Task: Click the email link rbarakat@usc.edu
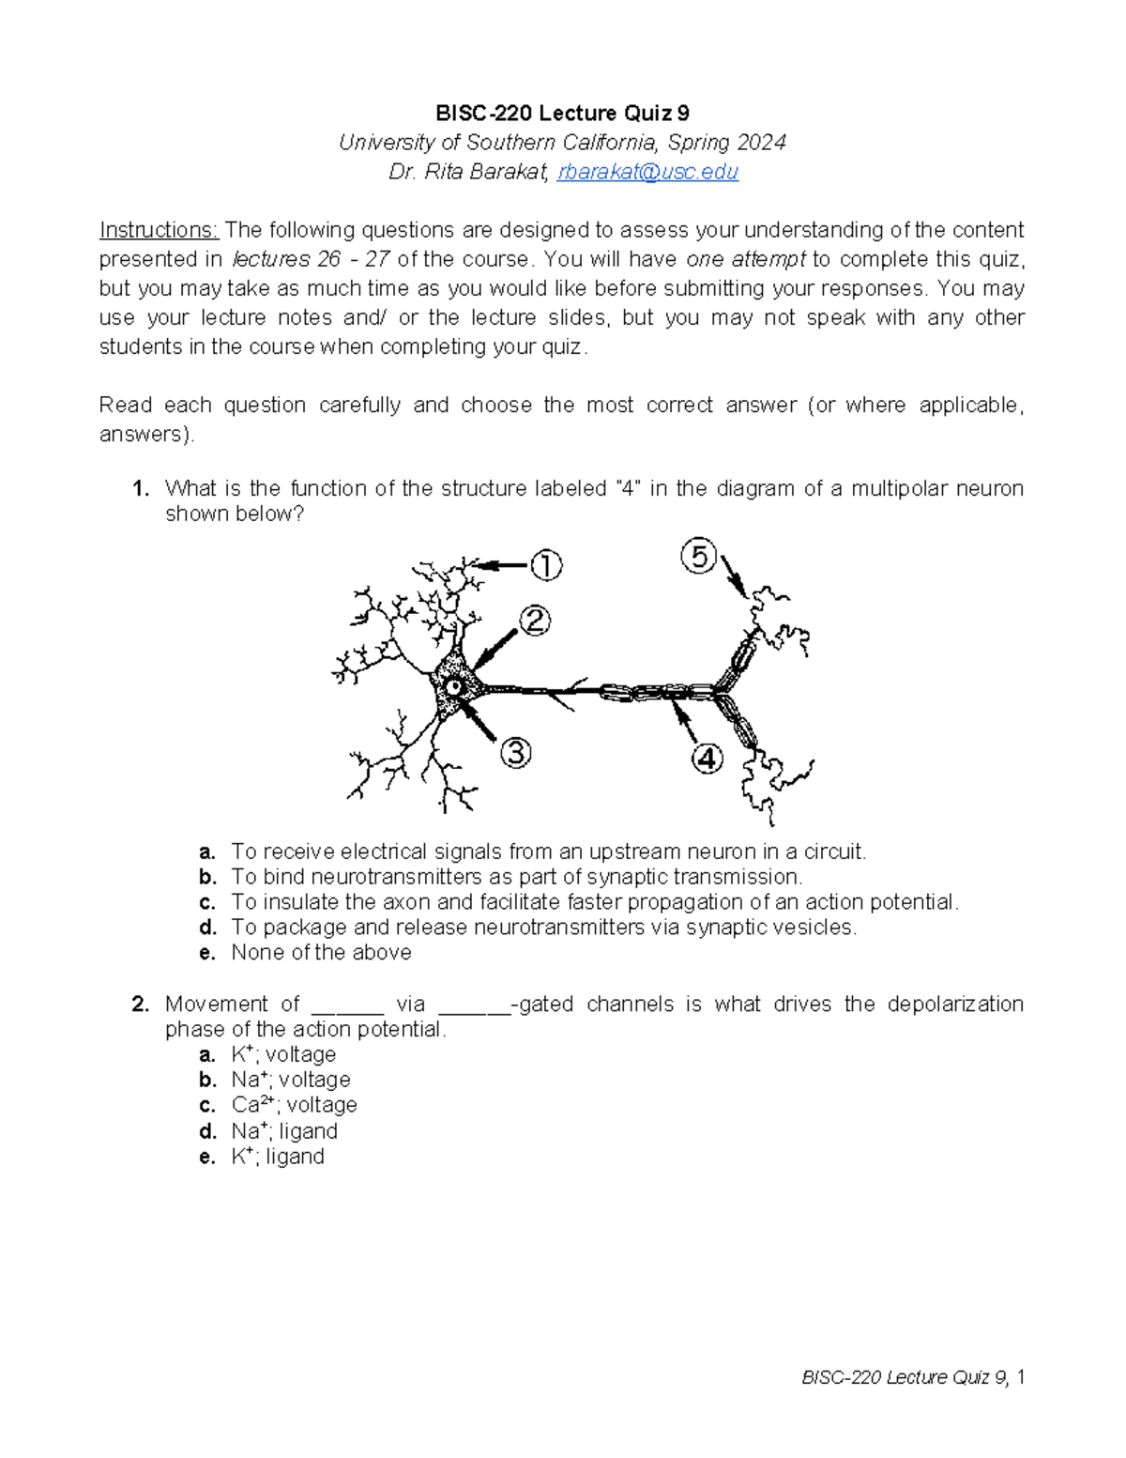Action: [x=647, y=172]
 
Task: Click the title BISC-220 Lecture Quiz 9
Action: [x=562, y=114]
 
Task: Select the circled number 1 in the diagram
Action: [x=546, y=565]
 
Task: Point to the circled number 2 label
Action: [x=535, y=621]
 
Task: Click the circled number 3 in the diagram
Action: [x=515, y=752]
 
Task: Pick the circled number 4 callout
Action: [x=708, y=758]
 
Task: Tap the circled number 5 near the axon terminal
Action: [x=699, y=558]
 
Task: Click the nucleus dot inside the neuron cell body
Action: [x=454, y=687]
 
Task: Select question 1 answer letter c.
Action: [x=207, y=902]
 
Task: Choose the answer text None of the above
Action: [x=321, y=953]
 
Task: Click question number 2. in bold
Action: [x=141, y=1005]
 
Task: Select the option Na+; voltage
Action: [x=290, y=1080]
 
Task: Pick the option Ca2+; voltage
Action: [x=294, y=1105]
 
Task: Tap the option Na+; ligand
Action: [x=284, y=1131]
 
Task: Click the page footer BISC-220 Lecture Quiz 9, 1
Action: [x=912, y=1377]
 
